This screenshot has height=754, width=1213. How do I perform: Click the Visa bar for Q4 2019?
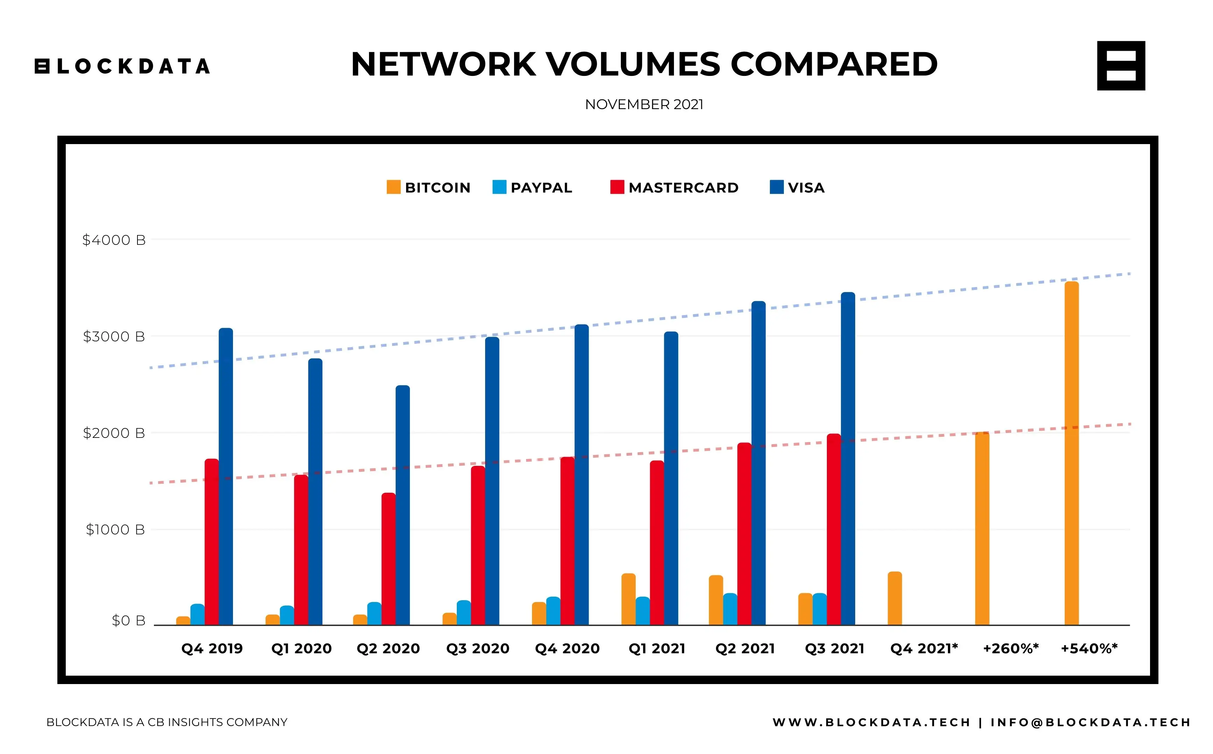point(226,476)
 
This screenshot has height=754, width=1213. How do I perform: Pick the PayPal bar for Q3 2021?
point(820,609)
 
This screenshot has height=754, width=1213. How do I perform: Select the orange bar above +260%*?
point(982,528)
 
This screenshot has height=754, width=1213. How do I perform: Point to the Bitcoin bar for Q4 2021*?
point(895,598)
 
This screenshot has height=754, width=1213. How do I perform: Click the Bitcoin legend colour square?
point(393,187)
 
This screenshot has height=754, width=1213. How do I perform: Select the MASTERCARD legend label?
point(683,188)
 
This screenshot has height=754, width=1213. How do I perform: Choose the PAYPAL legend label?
point(541,188)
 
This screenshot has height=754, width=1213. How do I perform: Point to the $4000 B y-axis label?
point(114,240)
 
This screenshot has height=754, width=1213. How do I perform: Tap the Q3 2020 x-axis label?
point(478,648)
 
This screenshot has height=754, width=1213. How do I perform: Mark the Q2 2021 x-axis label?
point(745,648)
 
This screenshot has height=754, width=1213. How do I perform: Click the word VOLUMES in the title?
point(633,64)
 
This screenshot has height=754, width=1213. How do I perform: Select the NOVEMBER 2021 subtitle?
point(644,105)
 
